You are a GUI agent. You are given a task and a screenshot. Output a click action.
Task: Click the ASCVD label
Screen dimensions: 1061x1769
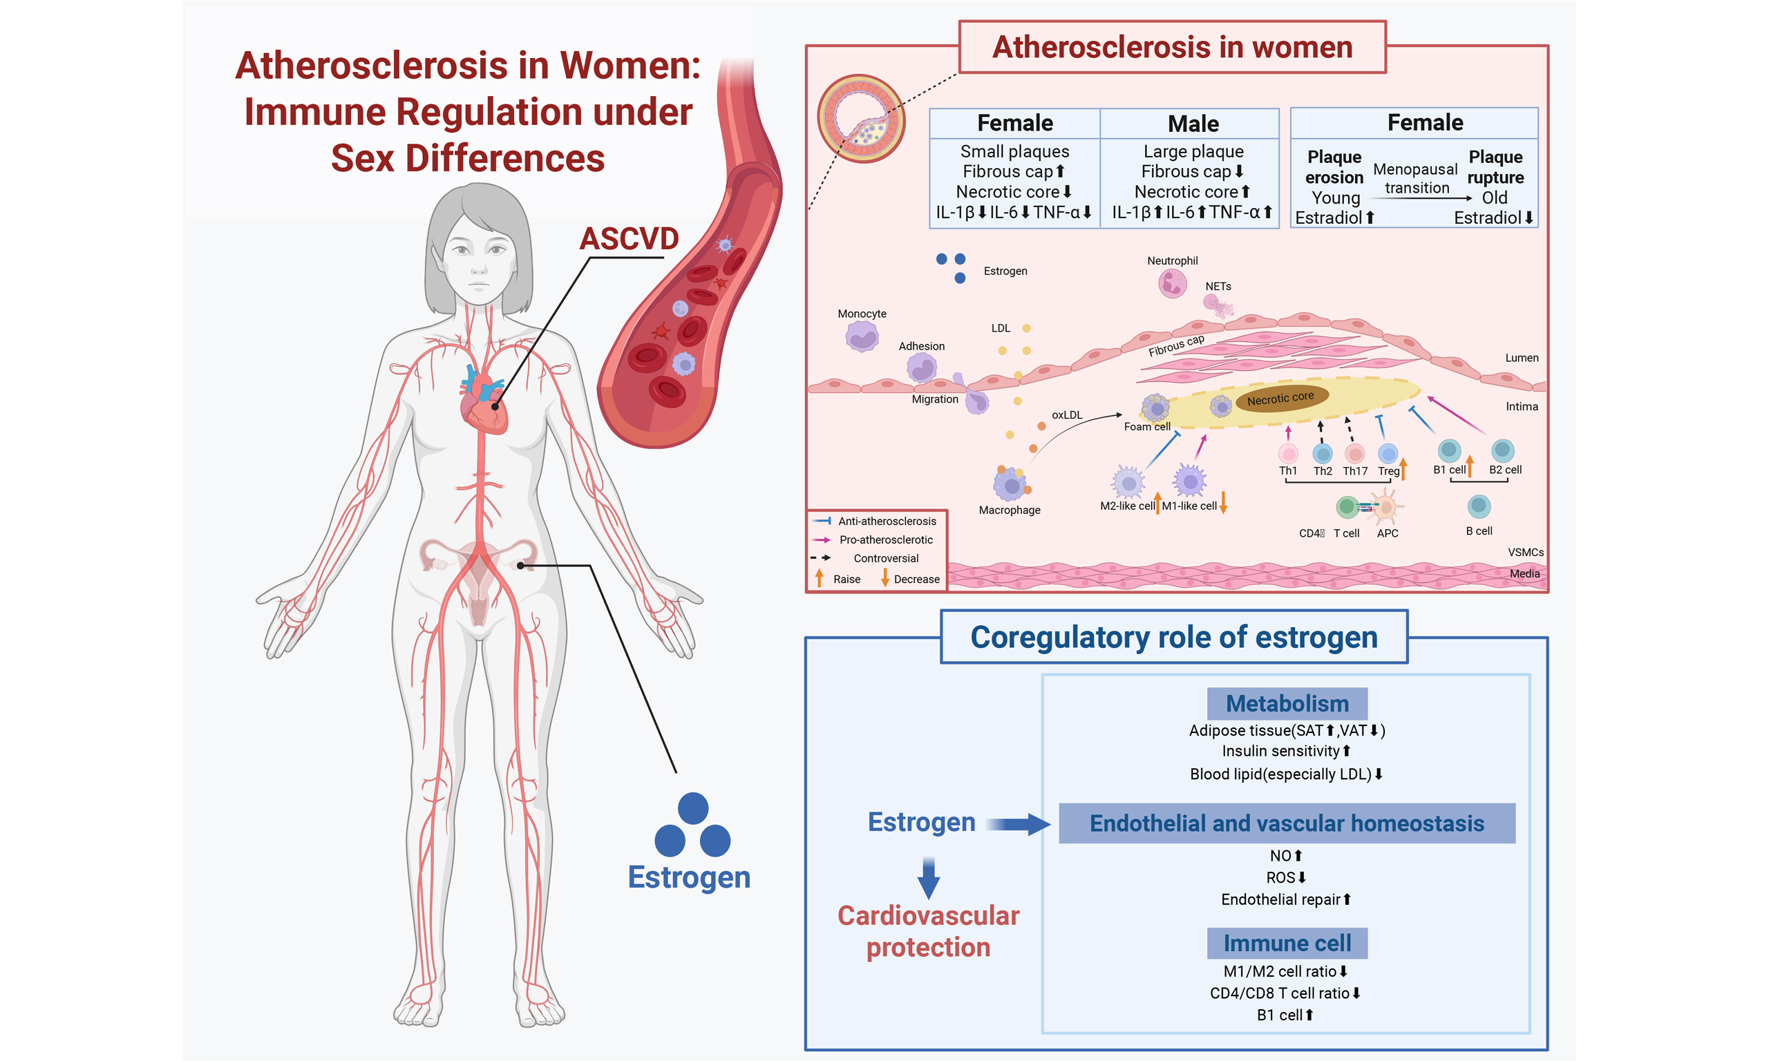(629, 239)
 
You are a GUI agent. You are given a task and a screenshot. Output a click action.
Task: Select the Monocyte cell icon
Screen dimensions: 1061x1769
(862, 336)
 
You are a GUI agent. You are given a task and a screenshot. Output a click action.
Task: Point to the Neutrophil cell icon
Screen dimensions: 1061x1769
(1172, 284)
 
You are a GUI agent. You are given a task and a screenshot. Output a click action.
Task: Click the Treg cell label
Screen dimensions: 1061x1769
(1388, 471)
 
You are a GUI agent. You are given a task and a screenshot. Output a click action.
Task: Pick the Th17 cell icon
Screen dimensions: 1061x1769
(1354, 453)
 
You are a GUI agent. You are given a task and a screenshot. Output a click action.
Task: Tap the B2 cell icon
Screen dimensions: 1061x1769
(1502, 450)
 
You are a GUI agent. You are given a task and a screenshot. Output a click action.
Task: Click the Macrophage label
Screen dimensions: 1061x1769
(1009, 510)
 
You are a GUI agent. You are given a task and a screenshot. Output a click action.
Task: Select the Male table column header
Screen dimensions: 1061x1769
(1193, 124)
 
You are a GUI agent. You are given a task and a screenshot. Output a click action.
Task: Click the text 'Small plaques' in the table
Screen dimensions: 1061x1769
(1014, 151)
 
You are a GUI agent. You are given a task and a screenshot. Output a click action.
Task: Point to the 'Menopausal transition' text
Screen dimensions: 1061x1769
(1415, 179)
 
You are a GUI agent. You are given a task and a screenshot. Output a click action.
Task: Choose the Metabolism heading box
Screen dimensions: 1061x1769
(1287, 703)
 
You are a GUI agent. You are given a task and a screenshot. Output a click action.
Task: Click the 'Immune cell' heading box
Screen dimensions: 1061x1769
(1287, 943)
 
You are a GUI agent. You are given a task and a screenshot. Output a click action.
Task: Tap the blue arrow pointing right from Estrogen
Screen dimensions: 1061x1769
(1019, 823)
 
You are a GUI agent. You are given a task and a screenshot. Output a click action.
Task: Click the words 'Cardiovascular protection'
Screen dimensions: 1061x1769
(928, 931)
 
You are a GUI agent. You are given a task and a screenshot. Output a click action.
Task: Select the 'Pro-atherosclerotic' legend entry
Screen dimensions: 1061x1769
(885, 539)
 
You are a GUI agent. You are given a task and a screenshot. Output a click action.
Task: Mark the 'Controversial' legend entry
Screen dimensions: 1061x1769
(885, 558)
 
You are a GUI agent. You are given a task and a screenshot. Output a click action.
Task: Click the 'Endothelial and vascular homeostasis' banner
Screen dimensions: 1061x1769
(1287, 823)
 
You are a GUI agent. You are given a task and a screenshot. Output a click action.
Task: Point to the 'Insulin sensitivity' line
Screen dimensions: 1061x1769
(1285, 751)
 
